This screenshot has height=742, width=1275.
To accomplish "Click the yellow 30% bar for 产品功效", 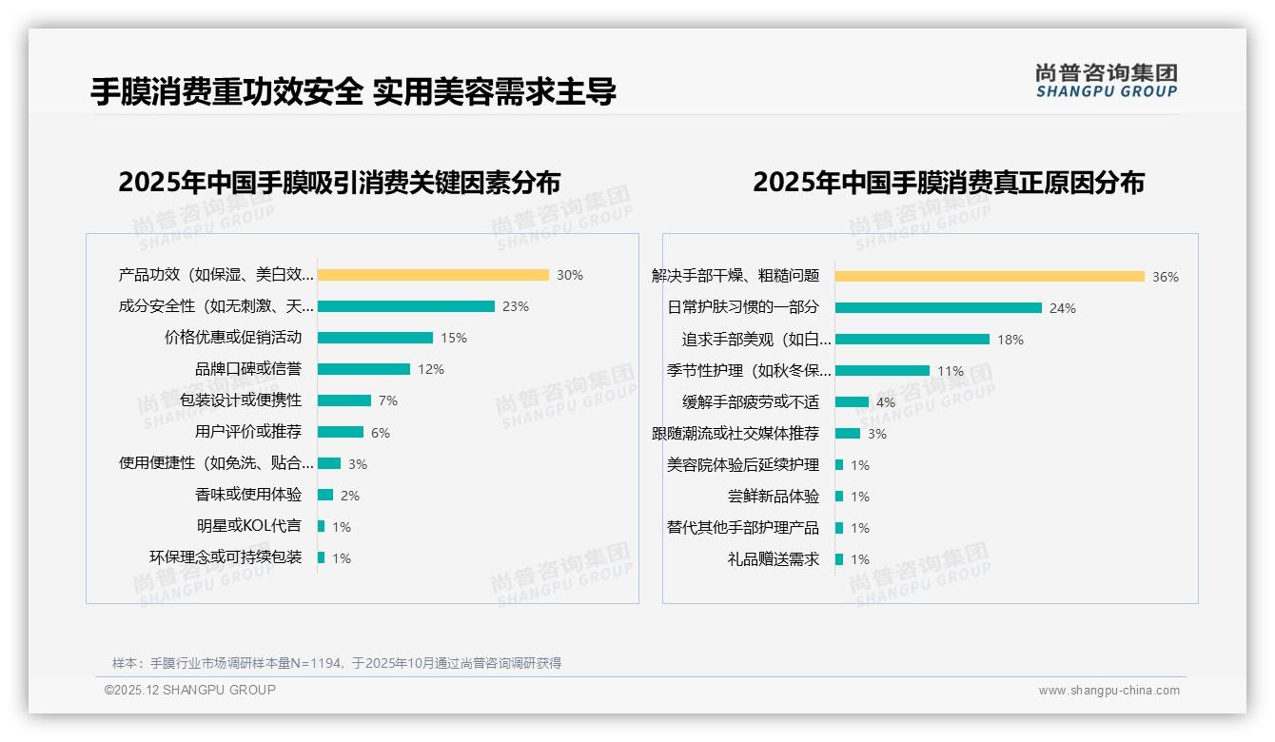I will coord(433,275).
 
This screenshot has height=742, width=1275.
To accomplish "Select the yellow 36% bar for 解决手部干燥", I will coord(990,277).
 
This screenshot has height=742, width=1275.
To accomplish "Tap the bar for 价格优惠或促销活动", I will coord(375,338).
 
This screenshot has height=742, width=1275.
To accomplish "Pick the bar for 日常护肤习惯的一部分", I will coord(938,308).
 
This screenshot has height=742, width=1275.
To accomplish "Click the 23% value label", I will coord(516,306).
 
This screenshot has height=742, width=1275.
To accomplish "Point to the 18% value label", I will coord(1010,340).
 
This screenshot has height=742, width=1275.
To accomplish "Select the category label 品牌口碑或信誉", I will coord(248,369).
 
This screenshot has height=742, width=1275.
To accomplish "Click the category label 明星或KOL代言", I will coord(248,526).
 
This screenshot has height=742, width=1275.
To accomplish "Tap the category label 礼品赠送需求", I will coord(773,559).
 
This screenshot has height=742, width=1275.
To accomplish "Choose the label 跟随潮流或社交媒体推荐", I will coord(735,434).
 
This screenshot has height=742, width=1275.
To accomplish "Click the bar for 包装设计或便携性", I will coord(344,400).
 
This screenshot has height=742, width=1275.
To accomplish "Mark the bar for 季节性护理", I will coord(882,371).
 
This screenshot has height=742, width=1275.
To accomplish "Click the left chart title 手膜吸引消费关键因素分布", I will coord(340,182).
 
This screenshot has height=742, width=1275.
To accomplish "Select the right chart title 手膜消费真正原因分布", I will coord(948,182).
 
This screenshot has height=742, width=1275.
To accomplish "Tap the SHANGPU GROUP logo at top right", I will coord(1106,81).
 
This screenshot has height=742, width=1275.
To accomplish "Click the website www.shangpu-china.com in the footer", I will coord(1108,691).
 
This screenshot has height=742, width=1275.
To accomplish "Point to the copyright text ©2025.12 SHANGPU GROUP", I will coord(190,690).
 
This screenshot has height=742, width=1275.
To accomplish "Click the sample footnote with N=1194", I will coord(337,663).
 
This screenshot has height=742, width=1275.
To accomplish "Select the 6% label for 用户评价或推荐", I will coord(381,433).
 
